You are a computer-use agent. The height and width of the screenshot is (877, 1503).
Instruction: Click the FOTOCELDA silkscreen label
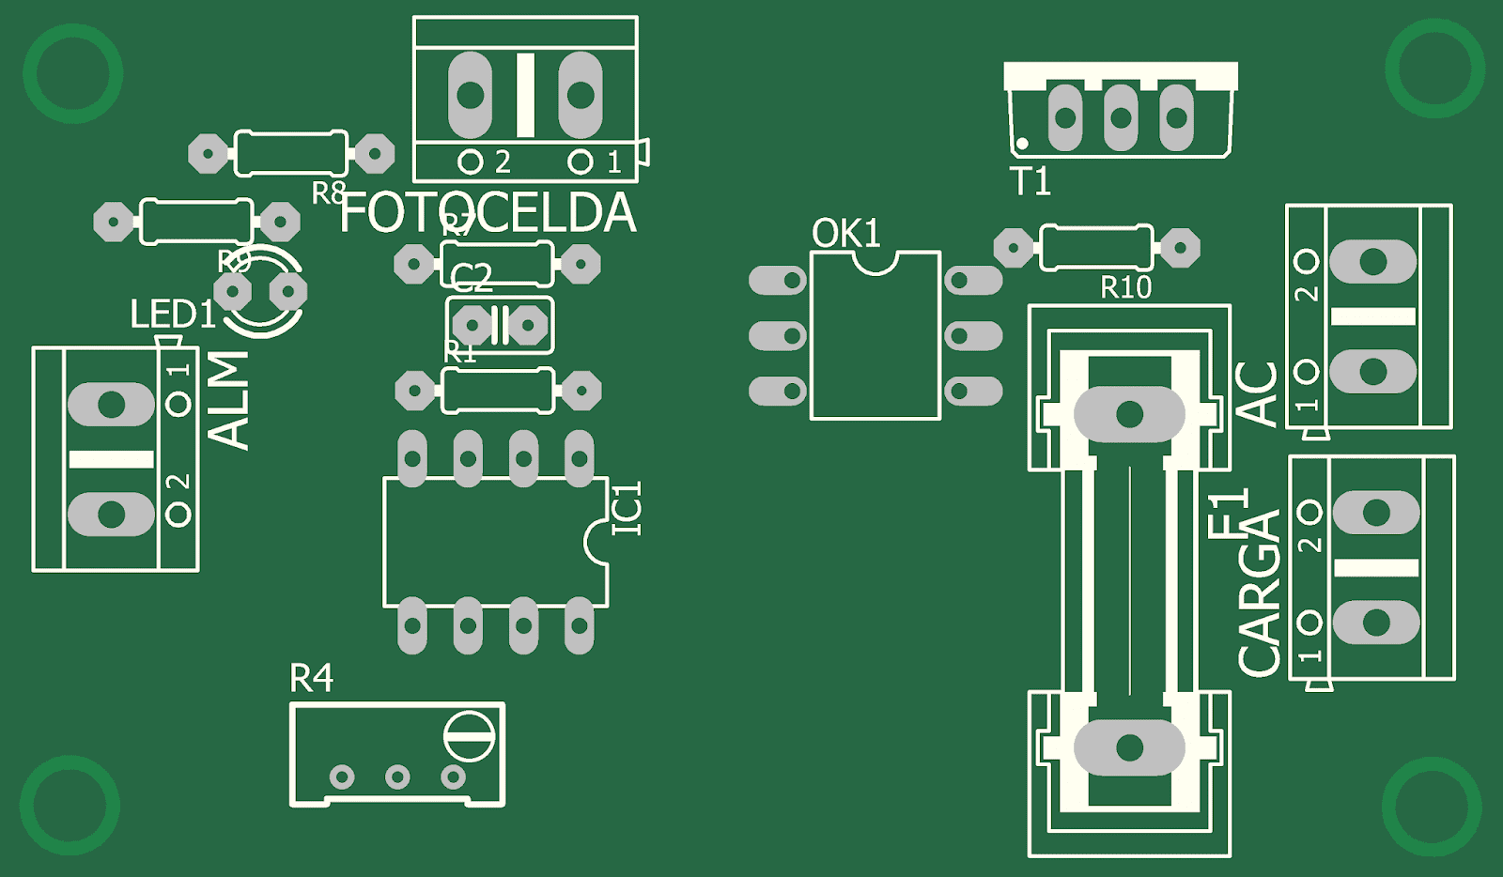pos(488,213)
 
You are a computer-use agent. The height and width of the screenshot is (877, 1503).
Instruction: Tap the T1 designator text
pos(1030,181)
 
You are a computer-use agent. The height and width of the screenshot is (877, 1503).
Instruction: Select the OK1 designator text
pos(845,234)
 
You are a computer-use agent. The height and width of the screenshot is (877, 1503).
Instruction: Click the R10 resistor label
pos(1125,287)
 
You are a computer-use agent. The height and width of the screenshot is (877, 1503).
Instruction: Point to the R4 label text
pos(311,678)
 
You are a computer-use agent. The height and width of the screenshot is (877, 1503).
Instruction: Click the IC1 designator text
pos(627,508)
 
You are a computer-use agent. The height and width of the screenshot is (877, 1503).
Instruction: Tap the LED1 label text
pos(173,315)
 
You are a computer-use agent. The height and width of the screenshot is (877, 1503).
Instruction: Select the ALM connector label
pos(228,401)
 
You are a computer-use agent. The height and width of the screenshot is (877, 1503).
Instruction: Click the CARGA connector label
pos(1260,593)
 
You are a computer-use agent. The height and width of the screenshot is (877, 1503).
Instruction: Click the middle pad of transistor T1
pos(1121,117)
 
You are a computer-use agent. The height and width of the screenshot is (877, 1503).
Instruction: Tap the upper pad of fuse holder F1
pos(1129,414)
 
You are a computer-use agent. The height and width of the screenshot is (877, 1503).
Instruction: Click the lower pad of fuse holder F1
pos(1129,748)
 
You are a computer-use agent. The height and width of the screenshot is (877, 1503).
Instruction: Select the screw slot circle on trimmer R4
pos(469,736)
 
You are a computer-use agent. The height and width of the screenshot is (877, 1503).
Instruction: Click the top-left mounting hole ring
pos(72,73)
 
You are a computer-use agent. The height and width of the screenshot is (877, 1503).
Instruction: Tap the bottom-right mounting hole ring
pos(1431,806)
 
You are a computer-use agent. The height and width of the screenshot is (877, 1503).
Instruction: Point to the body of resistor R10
pos(1096,247)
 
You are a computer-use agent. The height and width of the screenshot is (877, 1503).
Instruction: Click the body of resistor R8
pos(290,153)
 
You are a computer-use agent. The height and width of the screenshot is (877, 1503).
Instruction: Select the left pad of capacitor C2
pos(473,326)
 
